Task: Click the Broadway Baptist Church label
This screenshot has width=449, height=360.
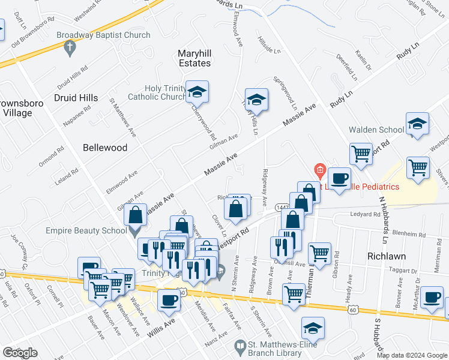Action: (x=103, y=35)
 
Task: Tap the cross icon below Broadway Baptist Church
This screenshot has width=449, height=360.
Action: (x=70, y=47)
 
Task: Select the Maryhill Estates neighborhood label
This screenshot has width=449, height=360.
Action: (x=194, y=58)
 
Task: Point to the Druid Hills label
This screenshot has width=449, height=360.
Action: (x=76, y=97)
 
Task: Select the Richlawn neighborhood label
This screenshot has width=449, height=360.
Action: (x=387, y=256)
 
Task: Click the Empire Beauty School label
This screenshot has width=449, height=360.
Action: (x=86, y=229)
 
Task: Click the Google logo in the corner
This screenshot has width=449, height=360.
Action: (x=20, y=353)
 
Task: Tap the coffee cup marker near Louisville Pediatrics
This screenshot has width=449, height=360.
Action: (x=339, y=179)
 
